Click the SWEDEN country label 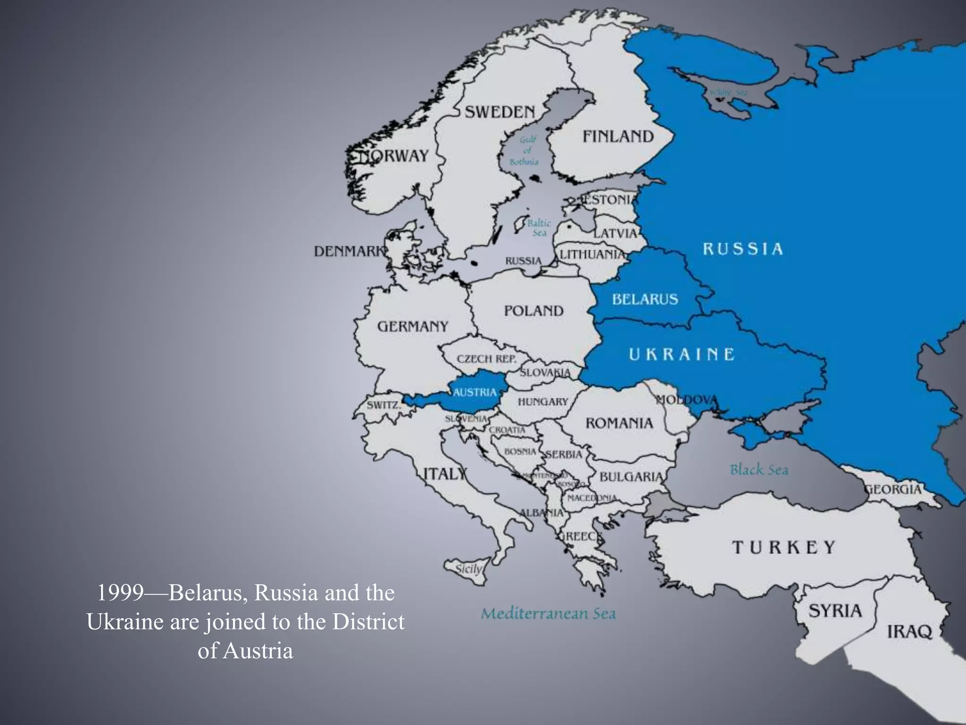click(500, 112)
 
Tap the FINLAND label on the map click(618, 137)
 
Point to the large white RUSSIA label click(743, 249)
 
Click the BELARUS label click(645, 299)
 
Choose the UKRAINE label click(682, 354)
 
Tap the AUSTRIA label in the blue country click(475, 392)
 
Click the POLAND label click(533, 311)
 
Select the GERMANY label click(413, 326)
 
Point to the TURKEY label click(783, 548)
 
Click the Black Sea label click(759, 470)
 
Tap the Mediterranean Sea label click(548, 614)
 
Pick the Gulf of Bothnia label click(525, 151)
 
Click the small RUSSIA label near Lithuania click(523, 261)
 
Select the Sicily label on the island click(468, 569)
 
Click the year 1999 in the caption click(119, 593)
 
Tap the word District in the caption click(368, 622)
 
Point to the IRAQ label click(909, 632)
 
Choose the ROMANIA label click(619, 423)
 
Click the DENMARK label click(350, 251)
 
